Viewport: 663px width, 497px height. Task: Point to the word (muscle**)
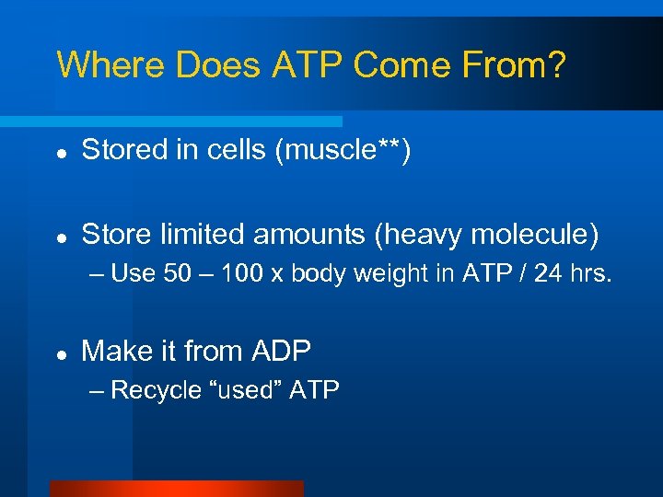[343, 150]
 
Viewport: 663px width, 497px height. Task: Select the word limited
[204, 235]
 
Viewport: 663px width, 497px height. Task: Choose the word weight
[387, 273]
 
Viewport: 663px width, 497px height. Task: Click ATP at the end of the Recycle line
[314, 390]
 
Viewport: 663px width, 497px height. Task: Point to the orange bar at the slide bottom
[176, 489]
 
